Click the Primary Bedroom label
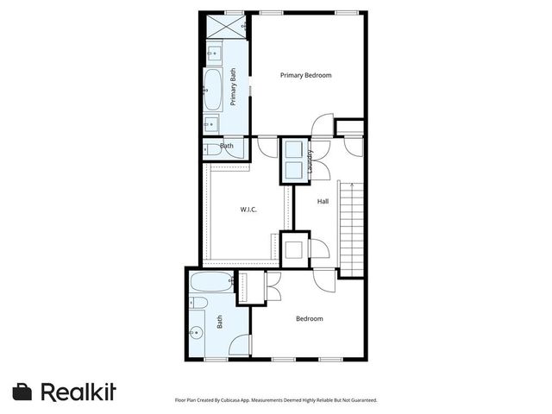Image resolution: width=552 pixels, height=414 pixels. [305, 76]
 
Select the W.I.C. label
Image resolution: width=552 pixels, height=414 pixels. [248, 210]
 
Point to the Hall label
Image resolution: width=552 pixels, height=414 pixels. [323, 202]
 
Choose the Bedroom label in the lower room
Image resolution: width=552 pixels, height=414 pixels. [309, 319]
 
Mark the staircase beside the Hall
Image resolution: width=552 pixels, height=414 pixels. [351, 226]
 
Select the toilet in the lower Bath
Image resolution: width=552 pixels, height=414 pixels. [197, 303]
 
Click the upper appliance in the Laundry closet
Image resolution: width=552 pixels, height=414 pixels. [292, 147]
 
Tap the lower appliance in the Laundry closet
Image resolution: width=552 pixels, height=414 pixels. [292, 169]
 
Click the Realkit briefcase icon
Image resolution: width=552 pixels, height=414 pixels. [22, 392]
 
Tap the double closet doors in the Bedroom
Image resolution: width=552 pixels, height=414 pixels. [273, 286]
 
